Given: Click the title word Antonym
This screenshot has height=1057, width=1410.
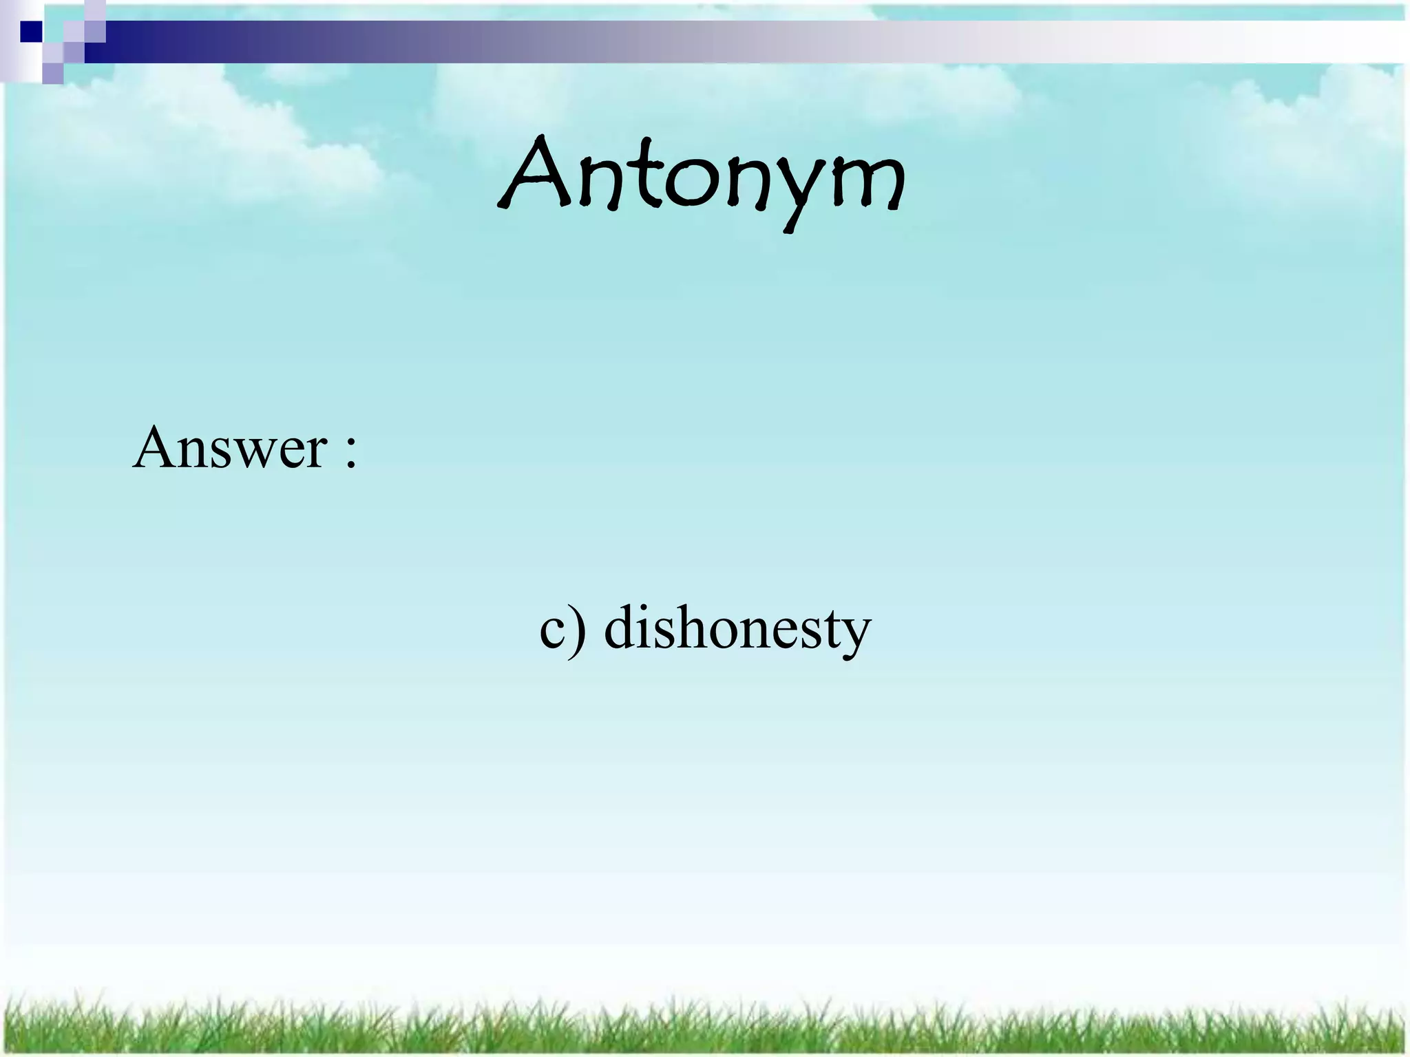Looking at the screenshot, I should (701, 178).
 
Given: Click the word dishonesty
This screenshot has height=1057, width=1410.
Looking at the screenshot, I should (737, 628).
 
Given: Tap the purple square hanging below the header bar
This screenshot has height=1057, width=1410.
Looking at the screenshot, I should (53, 72).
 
